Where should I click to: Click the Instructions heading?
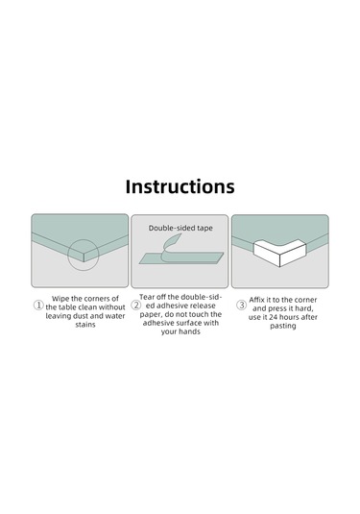[180, 186]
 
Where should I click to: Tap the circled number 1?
[38, 306]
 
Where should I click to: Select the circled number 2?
[136, 306]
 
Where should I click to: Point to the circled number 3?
[241, 306]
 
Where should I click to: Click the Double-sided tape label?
[180, 228]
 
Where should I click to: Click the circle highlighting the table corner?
[84, 239]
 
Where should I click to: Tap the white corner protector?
[279, 253]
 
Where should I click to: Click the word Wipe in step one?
[60, 299]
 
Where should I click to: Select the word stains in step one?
[85, 325]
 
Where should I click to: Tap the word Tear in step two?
[147, 297]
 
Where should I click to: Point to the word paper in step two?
[150, 315]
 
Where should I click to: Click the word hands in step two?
[189, 331]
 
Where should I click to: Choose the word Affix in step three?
[256, 300]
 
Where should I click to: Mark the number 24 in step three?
[274, 317]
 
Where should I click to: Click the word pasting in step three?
[283, 326]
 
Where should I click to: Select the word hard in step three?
[304, 308]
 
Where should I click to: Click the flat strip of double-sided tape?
[181, 258]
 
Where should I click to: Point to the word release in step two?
[202, 306]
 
